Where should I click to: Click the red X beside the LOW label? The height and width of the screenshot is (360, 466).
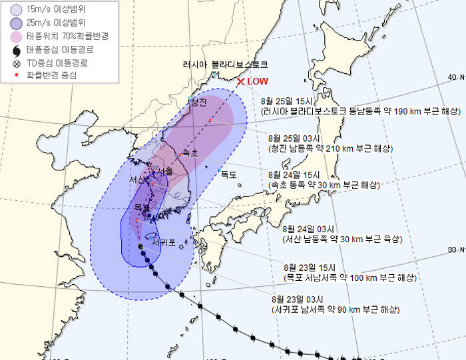[x=240, y=82]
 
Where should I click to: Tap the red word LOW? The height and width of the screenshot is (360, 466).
[x=258, y=81]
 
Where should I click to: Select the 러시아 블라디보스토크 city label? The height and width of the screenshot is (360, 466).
[x=225, y=65]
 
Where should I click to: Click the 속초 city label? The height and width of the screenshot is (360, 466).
[x=190, y=153]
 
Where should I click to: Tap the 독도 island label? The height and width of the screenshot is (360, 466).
[x=229, y=174]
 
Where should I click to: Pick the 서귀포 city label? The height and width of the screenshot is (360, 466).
[x=164, y=243]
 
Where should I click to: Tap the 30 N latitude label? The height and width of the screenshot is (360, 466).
[x=455, y=250]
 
